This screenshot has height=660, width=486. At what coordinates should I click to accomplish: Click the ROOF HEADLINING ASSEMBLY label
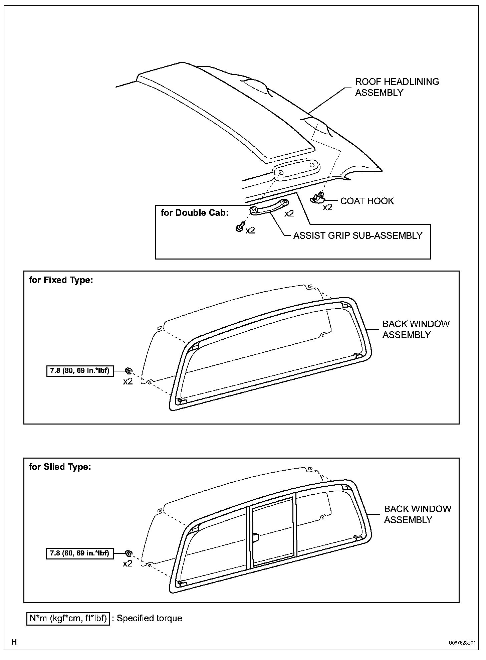coord(397,87)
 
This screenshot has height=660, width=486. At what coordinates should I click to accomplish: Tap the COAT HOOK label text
coord(367,201)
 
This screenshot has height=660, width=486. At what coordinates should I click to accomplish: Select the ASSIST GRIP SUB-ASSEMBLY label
coord(357,235)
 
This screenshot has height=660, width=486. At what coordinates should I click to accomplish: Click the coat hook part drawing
coord(317,198)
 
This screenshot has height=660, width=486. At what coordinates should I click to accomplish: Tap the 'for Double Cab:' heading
coord(194,213)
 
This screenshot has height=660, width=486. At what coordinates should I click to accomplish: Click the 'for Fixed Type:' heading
coord(61,280)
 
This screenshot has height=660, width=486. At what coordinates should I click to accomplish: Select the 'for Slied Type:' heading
coord(60,467)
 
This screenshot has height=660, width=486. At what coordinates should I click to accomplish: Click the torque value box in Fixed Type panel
coord(79,371)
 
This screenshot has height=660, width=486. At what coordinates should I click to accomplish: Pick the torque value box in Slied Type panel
coord(79,553)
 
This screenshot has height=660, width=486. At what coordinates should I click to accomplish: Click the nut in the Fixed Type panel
coord(128,371)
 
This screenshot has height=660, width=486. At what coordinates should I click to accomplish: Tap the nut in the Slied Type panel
coord(128,553)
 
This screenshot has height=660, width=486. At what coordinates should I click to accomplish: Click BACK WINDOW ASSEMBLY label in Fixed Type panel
coord(416,329)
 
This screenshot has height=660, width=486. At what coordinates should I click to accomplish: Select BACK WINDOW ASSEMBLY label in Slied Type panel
coord(417,514)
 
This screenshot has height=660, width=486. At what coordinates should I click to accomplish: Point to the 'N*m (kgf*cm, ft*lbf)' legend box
coord(68,618)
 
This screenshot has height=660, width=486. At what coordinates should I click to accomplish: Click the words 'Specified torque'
coord(149,618)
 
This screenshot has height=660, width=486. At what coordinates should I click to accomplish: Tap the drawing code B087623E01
coord(462,642)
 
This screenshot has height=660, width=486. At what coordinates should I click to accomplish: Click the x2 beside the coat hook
coord(327,207)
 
